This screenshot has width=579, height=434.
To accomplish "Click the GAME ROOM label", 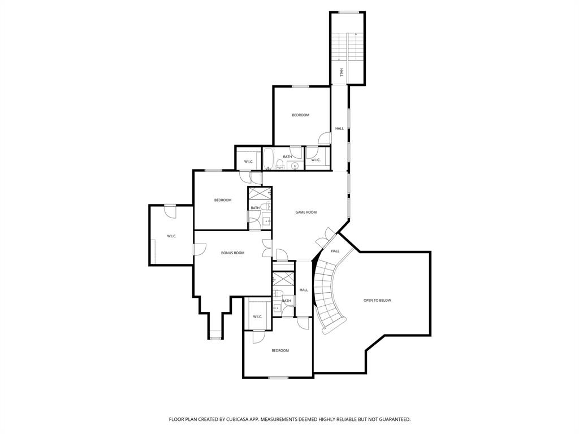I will (306, 212).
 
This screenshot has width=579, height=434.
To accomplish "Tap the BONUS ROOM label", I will (232, 253).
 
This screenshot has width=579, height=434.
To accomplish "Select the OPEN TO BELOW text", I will (377, 300).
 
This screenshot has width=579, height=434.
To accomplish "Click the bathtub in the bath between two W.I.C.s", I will (268, 159).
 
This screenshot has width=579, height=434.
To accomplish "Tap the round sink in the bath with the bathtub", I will (295, 165).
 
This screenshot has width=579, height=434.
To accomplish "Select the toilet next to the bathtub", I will (279, 165).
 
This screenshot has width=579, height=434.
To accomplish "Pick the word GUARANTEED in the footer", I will (391, 419).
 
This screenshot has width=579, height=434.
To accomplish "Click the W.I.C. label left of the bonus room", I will (172, 236).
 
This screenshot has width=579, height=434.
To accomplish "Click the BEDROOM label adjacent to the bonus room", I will (223, 200).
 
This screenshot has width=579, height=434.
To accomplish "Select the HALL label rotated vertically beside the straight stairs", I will (342, 72).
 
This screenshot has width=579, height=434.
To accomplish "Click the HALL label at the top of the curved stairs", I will (335, 251).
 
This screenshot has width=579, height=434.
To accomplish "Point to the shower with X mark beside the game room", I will (260, 193).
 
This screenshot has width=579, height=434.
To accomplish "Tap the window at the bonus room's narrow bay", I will (215, 338).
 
